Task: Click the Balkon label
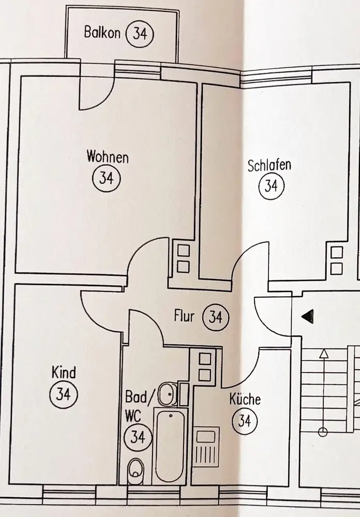102,33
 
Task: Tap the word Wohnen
108,156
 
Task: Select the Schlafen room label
269,165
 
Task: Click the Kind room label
64,372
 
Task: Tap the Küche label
245,400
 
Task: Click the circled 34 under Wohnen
106,178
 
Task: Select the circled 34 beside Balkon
140,34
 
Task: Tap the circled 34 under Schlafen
271,185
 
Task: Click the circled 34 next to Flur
215,316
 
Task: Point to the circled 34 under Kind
63,394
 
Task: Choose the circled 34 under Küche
245,421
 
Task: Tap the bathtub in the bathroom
170,445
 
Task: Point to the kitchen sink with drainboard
207,448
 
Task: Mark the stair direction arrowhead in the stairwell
324,354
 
